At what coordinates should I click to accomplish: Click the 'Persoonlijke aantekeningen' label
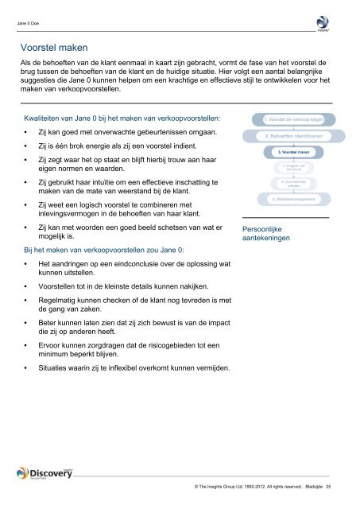point(266,233)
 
